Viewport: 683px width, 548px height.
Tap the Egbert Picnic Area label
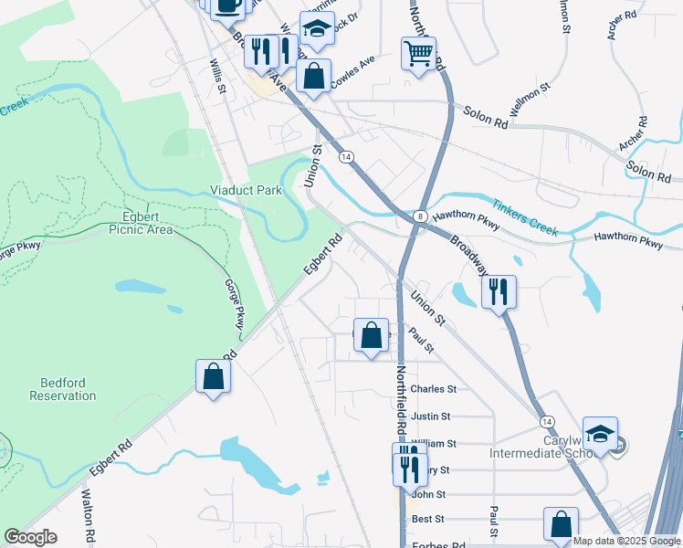click(x=147, y=223)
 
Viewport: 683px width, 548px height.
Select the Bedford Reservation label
click(x=62, y=389)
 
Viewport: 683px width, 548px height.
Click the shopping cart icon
click(x=418, y=54)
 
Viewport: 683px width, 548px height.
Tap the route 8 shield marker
click(x=419, y=216)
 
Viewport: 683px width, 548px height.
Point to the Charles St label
click(x=433, y=389)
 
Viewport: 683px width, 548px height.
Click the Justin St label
click(x=431, y=416)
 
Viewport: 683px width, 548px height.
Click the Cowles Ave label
click(x=352, y=71)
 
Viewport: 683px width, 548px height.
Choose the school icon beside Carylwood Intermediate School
click(x=600, y=435)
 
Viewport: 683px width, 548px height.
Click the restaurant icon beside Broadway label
click(x=499, y=292)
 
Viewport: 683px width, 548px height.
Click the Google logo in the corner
click(x=31, y=537)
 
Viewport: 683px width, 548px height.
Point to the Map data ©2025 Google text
click(x=626, y=541)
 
